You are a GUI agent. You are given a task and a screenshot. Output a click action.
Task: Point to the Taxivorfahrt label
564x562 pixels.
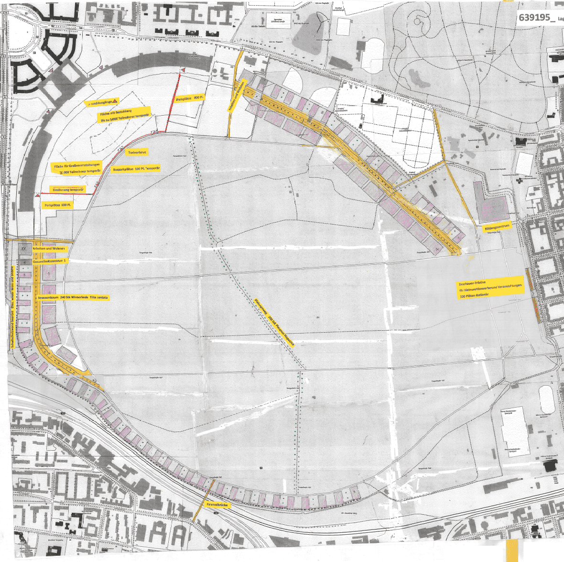(137, 152)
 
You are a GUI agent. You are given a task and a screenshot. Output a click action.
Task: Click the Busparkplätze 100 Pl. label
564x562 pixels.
(136, 169)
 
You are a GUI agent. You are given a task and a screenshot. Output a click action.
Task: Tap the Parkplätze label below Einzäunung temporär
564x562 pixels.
(58, 205)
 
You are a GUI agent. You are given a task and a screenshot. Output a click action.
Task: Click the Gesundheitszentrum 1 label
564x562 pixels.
(50, 261)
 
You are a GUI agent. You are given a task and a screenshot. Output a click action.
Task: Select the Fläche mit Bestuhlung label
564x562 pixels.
(123, 115)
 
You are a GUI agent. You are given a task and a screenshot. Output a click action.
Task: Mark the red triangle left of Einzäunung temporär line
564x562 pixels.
(37, 196)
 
